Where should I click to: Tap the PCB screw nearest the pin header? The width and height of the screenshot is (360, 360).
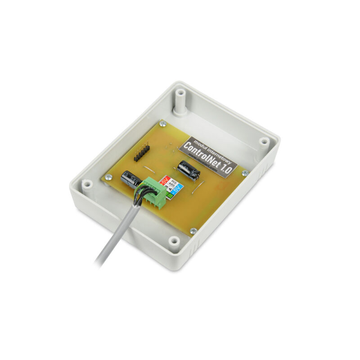click(163, 124)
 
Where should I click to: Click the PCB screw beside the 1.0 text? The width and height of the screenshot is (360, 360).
click(244, 173)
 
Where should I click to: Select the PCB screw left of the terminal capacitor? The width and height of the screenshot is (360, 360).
click(108, 177)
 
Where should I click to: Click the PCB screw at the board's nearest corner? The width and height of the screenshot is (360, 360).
click(193, 231)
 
